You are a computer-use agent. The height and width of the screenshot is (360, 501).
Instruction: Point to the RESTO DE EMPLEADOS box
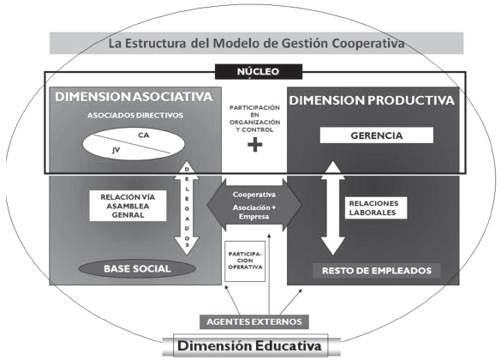pyautogui.click(x=376, y=271)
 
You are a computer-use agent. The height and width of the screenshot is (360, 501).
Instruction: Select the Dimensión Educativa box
pyautogui.click(x=249, y=345)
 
